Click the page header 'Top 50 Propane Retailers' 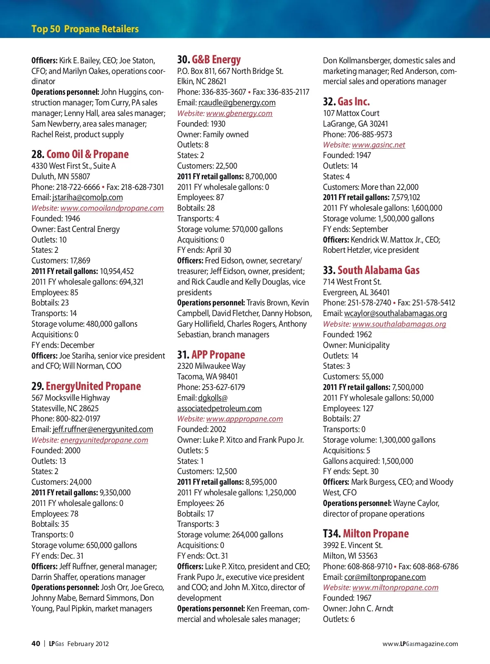coord(85,29)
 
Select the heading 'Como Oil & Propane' coord(87,154)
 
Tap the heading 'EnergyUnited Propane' coord(93,386)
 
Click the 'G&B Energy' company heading coord(216,60)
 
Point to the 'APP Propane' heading coord(218,355)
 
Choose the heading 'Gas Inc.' coord(353,102)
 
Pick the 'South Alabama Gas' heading coord(378,270)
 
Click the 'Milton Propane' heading coord(375,534)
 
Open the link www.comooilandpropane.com coord(112,208)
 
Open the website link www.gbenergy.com coord(239,114)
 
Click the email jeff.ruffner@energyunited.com coord(103,430)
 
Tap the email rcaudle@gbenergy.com coord(237,103)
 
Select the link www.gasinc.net coord(379,145)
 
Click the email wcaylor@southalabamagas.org coord(395,314)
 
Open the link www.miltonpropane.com coord(395,588)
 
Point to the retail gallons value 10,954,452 coord(117,272)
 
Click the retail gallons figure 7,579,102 coord(405,198)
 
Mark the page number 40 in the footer coord(36,644)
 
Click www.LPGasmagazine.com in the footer coord(420,644)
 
